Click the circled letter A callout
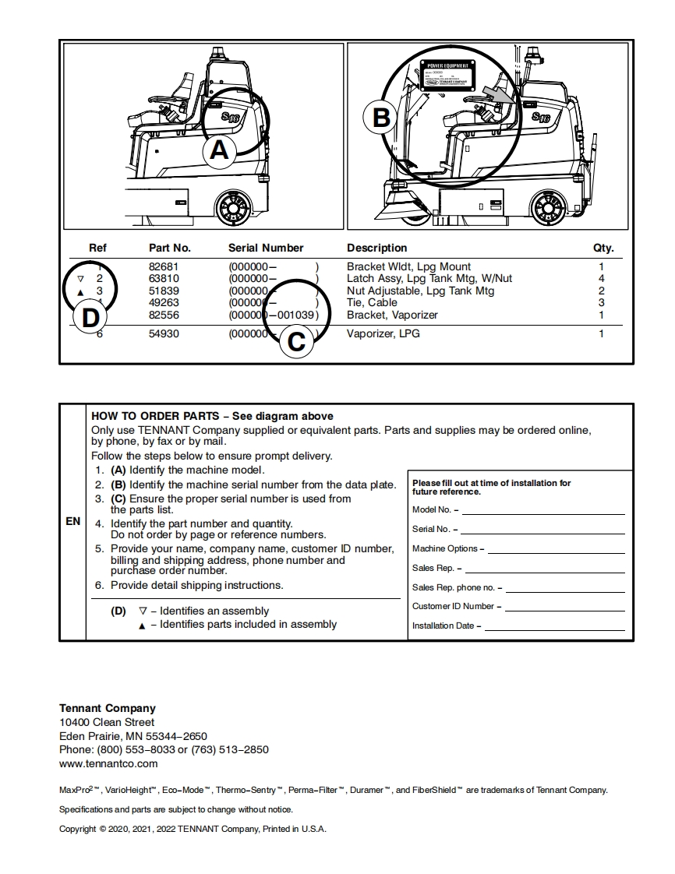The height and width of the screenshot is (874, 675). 220,150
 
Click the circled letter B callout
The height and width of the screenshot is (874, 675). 381,118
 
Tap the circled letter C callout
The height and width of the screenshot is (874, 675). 296,341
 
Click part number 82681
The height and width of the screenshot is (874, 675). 164,266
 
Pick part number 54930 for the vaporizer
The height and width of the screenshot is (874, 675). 164,334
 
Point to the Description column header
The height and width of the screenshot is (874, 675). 376,248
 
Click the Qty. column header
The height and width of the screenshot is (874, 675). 603,248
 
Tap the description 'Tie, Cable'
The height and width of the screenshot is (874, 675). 372,302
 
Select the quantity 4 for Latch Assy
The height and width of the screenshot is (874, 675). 601,278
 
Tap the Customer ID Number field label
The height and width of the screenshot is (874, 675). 453,606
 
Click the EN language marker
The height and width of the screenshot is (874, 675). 72,521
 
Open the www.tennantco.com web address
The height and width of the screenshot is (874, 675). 108,763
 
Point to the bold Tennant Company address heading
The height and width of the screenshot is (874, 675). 108,708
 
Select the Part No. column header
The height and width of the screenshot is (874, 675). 170,248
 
